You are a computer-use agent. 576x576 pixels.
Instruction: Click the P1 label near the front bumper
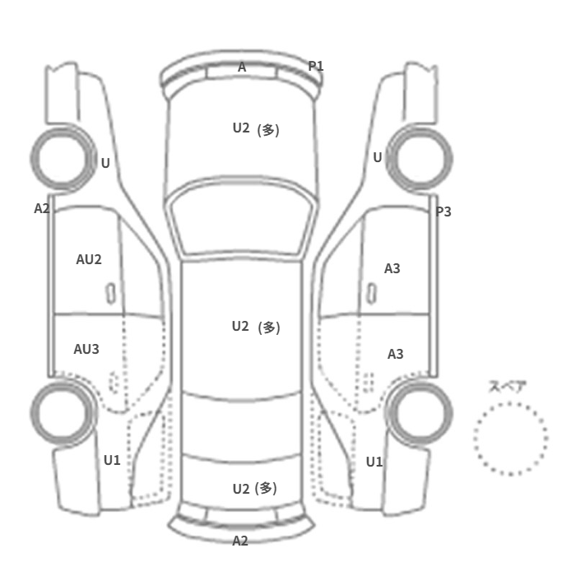tap(315, 66)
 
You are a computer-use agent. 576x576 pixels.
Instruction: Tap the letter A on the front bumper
tap(242, 67)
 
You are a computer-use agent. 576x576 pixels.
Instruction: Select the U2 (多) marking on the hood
tap(256, 129)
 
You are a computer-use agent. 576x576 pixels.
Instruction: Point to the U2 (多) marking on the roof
tap(256, 327)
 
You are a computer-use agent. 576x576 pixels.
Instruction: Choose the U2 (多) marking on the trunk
tap(255, 489)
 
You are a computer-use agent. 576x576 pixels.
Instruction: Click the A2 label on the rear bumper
tap(240, 541)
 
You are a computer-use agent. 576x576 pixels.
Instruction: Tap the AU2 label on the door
tap(89, 260)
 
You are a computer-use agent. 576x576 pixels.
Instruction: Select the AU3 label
tap(86, 349)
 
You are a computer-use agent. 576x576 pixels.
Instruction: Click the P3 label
tap(444, 211)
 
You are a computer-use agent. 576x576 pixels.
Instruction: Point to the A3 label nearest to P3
tap(393, 268)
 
